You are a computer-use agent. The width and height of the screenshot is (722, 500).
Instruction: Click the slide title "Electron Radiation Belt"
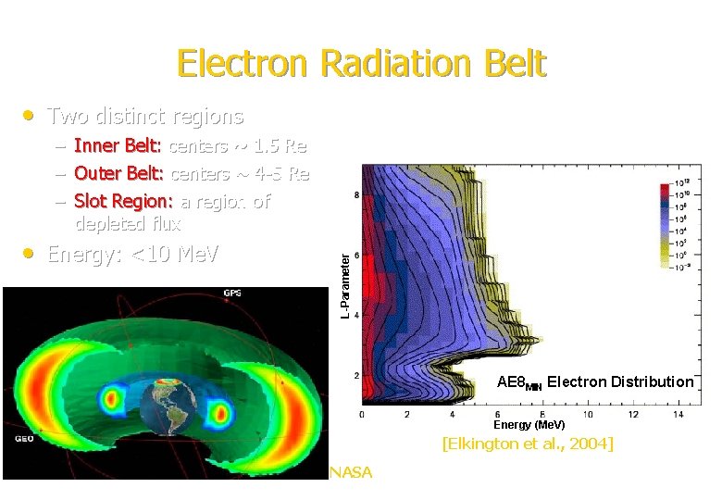coord(361,64)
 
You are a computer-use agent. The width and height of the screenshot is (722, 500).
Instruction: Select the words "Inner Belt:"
coord(118,146)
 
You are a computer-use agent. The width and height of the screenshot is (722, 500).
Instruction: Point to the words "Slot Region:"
coord(124,202)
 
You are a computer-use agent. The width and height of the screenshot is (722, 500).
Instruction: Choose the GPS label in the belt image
coord(232,294)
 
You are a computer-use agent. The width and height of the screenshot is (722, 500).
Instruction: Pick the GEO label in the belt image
coord(24,438)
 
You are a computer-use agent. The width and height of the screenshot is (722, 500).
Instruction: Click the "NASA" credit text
coord(351,473)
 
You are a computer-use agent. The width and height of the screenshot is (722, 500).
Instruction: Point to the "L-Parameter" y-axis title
coord(344,286)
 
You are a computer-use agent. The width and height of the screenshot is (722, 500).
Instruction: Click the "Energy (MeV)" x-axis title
coord(529,425)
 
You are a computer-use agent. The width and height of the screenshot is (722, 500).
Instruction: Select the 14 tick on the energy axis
coord(678,414)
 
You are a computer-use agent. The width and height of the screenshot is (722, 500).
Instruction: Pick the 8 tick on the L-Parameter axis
coord(356,194)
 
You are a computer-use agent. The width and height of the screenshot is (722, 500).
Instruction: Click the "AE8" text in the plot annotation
coord(510,381)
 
